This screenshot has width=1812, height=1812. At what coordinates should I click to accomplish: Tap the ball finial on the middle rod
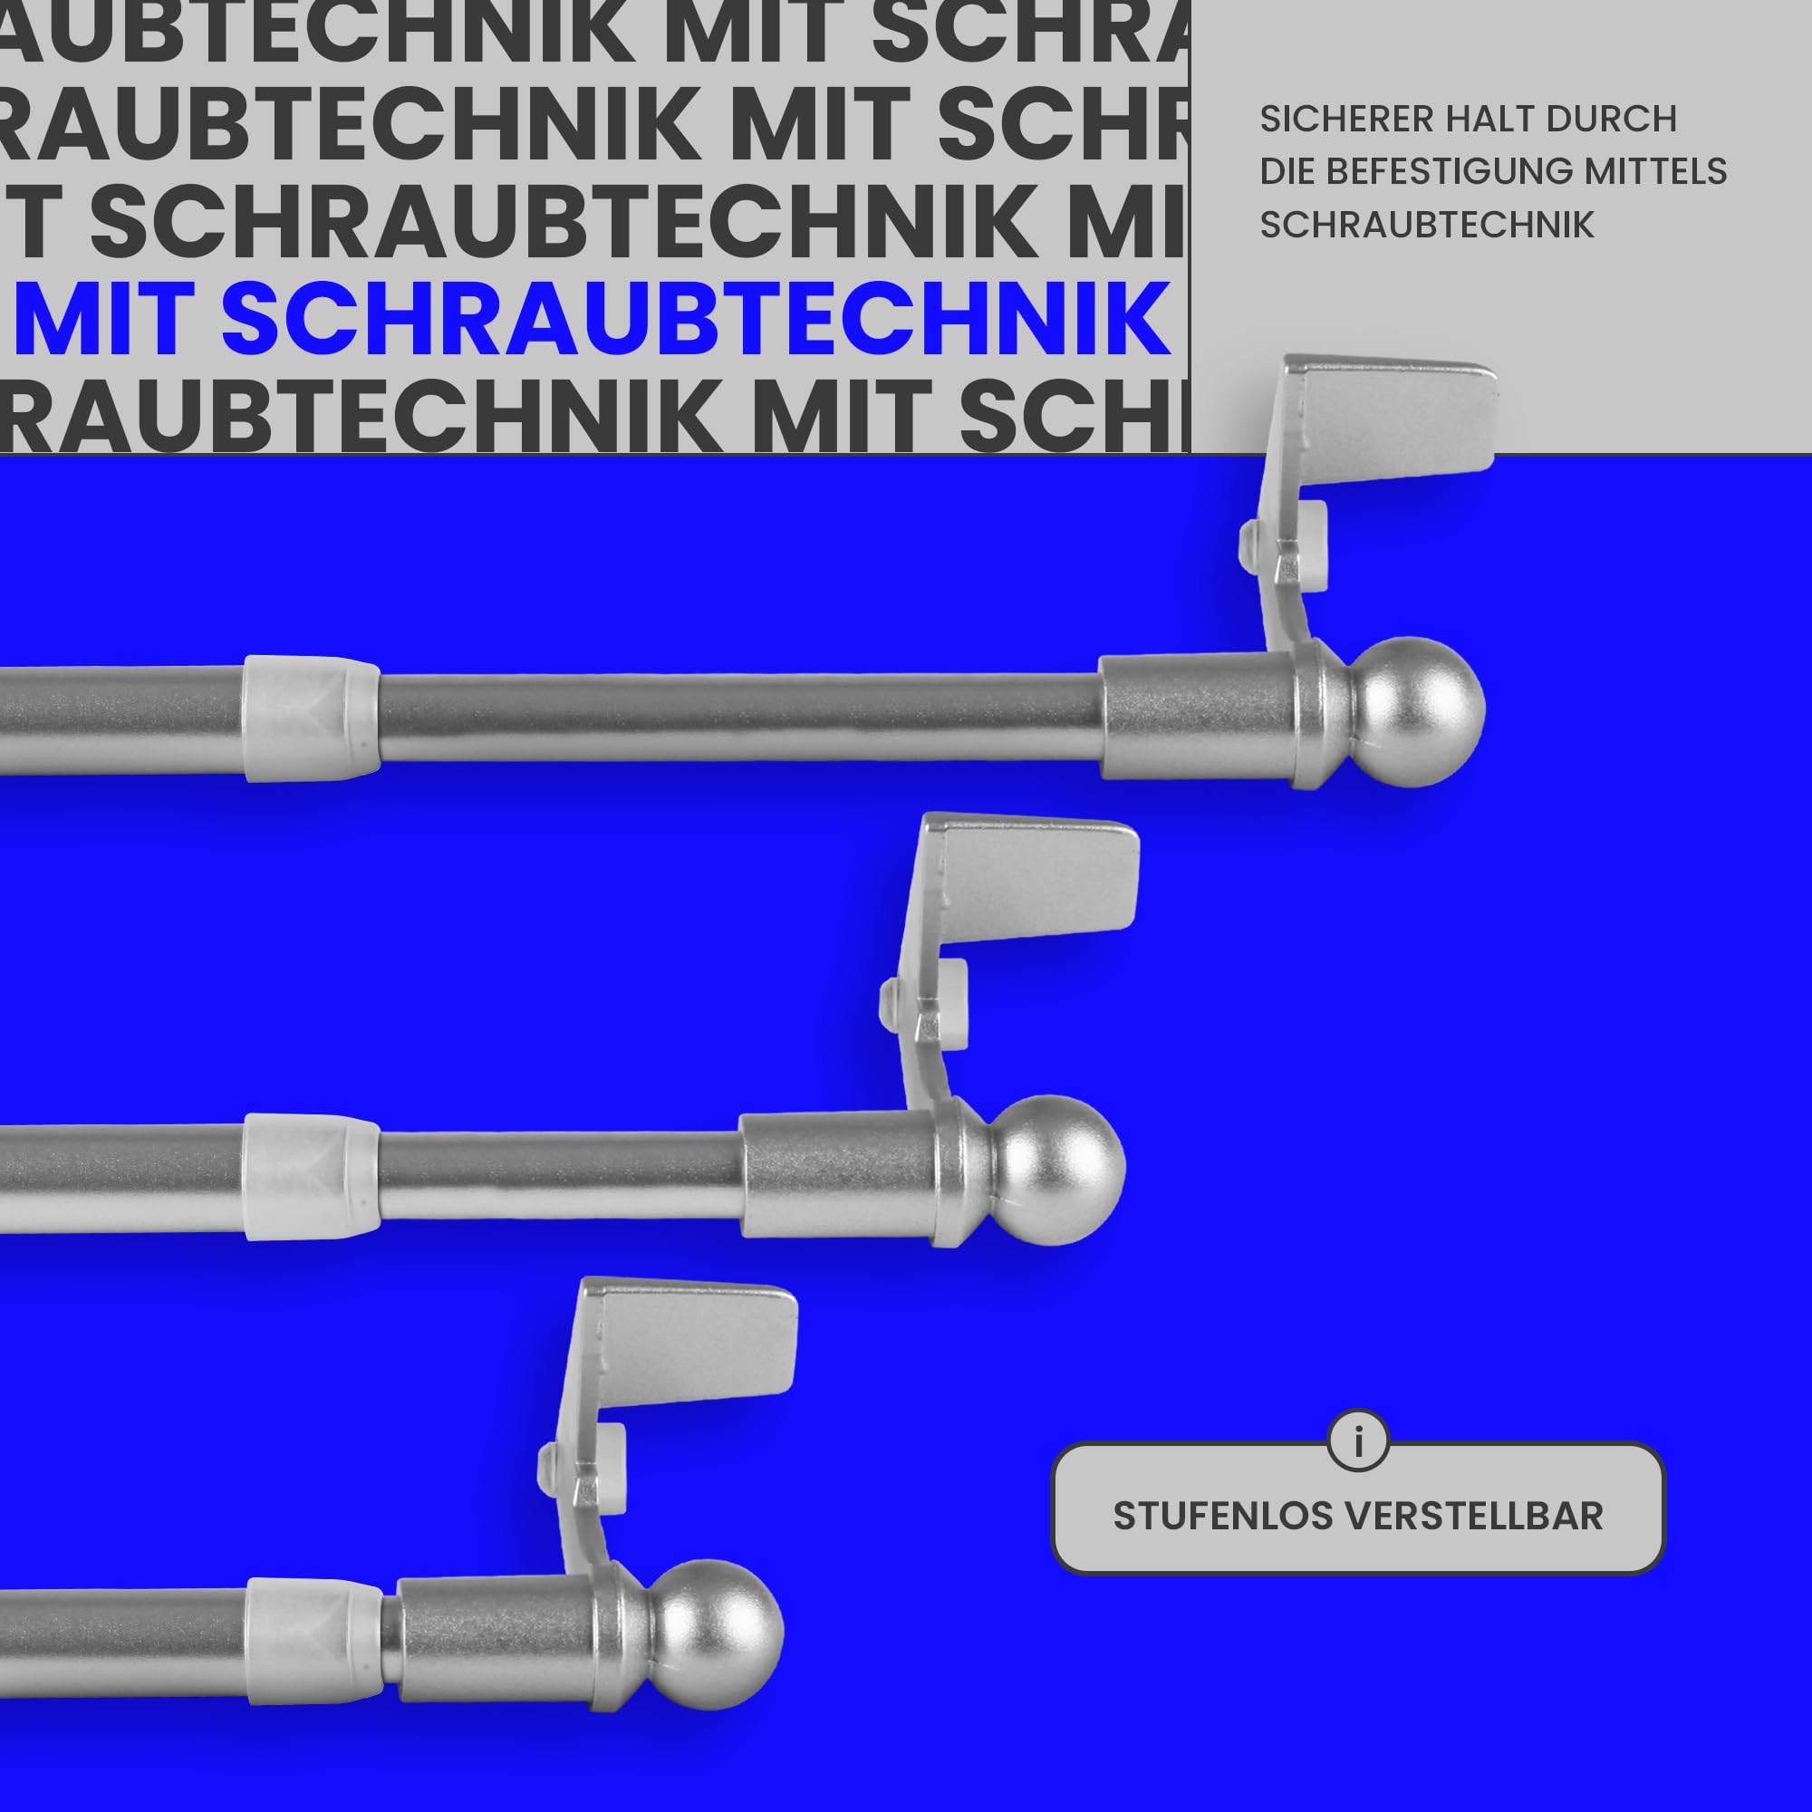click(x=1059, y=1169)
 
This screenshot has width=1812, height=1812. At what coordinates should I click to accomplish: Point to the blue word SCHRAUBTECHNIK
click(x=696, y=318)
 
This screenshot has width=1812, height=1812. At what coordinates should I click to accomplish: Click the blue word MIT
click(x=103, y=318)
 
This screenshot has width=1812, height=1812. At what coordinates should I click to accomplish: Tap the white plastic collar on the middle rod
click(x=313, y=1177)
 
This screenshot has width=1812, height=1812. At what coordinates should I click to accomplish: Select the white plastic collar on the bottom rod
click(x=316, y=1642)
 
